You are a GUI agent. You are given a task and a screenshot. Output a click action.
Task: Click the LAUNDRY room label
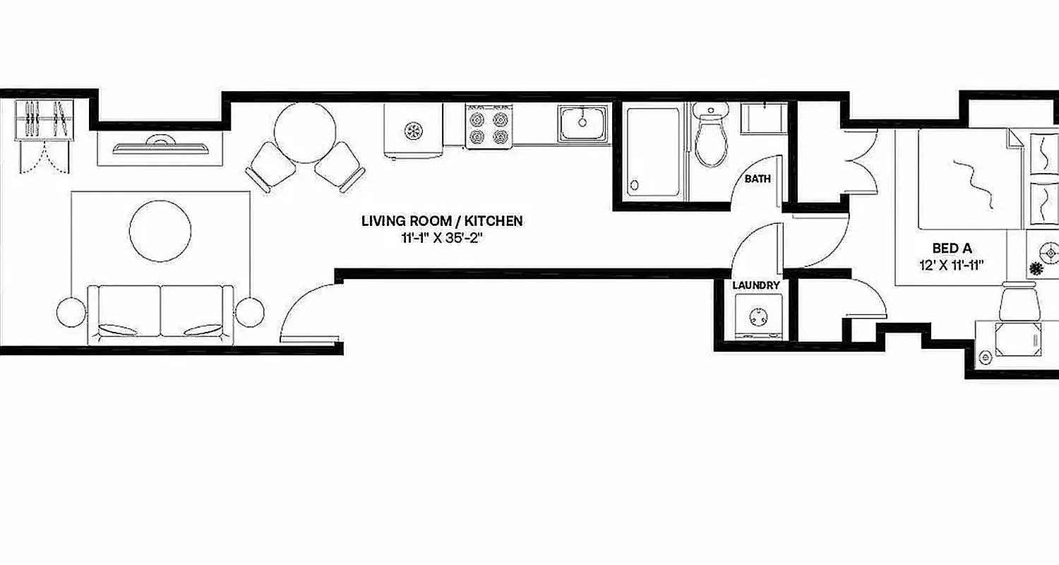tap(756, 285)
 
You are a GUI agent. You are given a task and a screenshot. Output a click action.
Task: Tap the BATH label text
tap(758, 179)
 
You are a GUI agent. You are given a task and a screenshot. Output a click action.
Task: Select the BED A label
tap(952, 249)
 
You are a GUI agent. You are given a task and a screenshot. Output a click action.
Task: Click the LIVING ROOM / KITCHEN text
tap(442, 221)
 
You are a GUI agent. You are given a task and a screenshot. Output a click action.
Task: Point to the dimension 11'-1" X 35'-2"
tap(442, 238)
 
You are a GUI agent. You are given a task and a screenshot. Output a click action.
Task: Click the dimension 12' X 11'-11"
tap(952, 266)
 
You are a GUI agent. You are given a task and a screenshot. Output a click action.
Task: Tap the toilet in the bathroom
tap(710, 138)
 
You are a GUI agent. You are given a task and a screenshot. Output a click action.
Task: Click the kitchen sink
tap(582, 124)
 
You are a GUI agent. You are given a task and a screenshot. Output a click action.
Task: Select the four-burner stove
tap(488, 127)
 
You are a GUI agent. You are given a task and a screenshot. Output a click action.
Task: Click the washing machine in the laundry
tap(759, 318)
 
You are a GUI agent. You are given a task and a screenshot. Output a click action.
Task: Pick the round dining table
tap(304, 133)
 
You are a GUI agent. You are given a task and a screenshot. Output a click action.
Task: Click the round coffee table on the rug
tap(160, 232)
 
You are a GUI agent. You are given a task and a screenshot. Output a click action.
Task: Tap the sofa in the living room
tap(160, 314)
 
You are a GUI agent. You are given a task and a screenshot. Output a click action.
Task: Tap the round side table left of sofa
tap(71, 312)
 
